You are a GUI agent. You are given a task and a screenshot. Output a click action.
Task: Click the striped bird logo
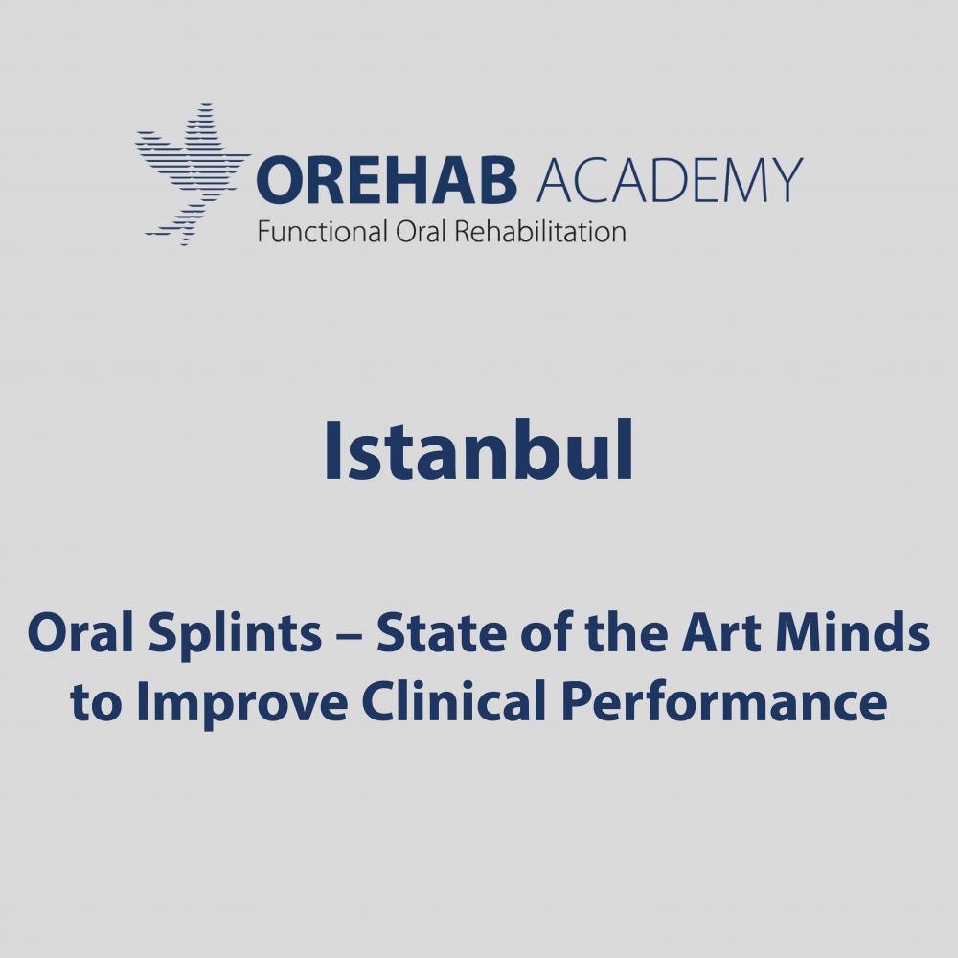[193, 174]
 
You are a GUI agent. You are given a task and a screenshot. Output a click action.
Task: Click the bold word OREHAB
[387, 181]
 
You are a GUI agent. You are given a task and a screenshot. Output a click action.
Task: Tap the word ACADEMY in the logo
[669, 180]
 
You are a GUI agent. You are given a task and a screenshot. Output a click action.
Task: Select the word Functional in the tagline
[323, 232]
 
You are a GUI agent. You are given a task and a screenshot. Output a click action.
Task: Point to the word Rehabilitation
[540, 232]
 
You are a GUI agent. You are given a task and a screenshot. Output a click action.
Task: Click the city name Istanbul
[479, 451]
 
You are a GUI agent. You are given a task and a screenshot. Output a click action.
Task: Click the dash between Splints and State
[349, 636]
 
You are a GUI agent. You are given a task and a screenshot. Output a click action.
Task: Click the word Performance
[724, 703]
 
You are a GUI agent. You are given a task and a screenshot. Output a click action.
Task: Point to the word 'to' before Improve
[96, 702]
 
